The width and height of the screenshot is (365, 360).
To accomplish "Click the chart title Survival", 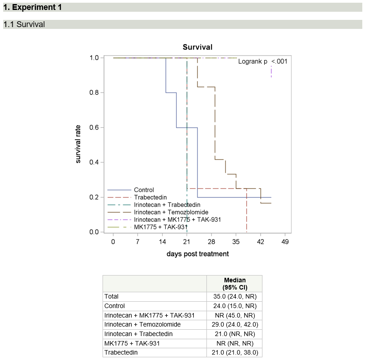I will point(197,47).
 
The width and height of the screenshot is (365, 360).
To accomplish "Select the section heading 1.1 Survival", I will point(24,24).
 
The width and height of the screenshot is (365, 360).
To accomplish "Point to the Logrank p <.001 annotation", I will point(262,61).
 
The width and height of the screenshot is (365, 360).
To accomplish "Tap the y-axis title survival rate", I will point(78,145).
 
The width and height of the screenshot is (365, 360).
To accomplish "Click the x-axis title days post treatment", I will point(197,254).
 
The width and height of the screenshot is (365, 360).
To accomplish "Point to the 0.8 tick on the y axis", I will point(94,93).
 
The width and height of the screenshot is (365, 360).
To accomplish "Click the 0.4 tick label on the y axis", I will point(94,162).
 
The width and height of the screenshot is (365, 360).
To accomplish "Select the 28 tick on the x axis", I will point(211,242).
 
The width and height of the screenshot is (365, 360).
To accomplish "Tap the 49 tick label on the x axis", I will point(285,242).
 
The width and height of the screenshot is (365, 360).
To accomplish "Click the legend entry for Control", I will point(144,190).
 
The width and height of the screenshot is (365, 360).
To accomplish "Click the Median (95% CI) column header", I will point(234,284).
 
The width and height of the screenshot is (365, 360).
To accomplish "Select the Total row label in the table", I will point(112,296).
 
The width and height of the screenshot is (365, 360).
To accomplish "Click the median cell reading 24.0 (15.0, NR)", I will point(234,306).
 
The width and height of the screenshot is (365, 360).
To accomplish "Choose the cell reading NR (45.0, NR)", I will point(234,315).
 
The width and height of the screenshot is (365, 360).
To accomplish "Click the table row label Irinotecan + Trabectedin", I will point(138,334).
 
